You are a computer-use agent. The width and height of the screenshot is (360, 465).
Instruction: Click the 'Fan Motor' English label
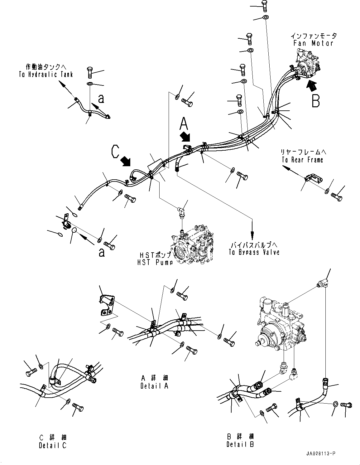(313, 43)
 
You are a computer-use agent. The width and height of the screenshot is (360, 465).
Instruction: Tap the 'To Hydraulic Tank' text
(46, 74)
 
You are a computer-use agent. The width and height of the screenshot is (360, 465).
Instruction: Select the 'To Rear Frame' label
(302, 160)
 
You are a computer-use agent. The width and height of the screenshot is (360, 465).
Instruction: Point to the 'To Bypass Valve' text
(254, 252)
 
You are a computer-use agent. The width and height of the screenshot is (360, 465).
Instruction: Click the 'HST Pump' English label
(155, 263)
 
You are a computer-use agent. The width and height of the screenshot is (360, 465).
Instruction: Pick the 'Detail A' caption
(154, 386)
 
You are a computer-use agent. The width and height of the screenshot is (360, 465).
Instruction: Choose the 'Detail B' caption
(240, 444)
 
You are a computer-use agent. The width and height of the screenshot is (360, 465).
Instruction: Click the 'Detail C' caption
(53, 445)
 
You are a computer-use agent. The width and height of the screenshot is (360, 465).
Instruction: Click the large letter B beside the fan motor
(315, 100)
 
